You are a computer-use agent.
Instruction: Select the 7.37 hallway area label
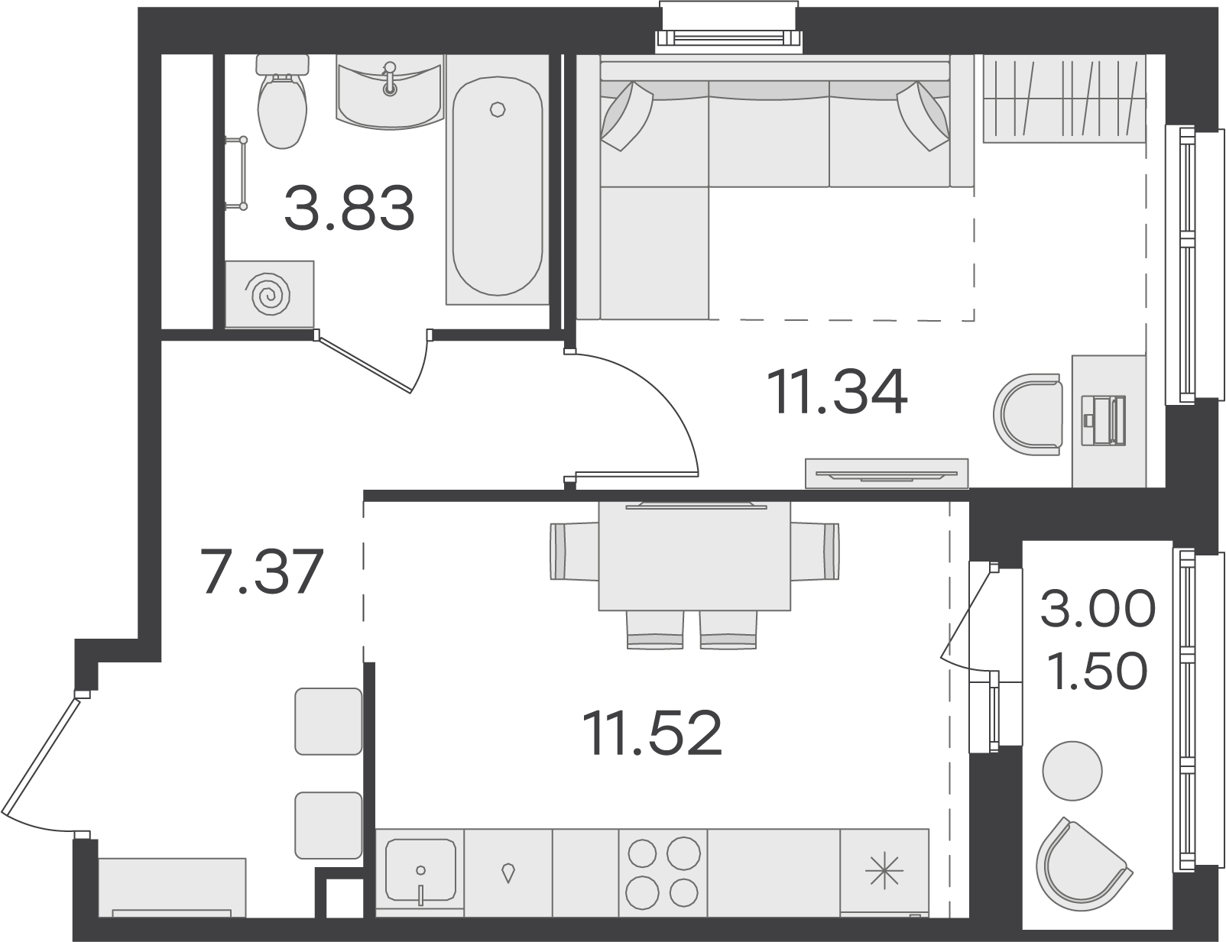pos(263,572)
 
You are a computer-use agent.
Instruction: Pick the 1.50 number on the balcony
pos(1097,672)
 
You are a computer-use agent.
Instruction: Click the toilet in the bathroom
pos(282,101)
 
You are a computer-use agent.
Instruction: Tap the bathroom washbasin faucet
pos(388,78)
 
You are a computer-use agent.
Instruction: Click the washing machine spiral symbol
pos(271,294)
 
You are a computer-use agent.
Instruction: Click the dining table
pos(695,555)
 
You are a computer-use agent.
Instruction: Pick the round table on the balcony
pos(1072,771)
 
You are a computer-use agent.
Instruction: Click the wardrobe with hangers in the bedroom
pos(1065,99)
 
